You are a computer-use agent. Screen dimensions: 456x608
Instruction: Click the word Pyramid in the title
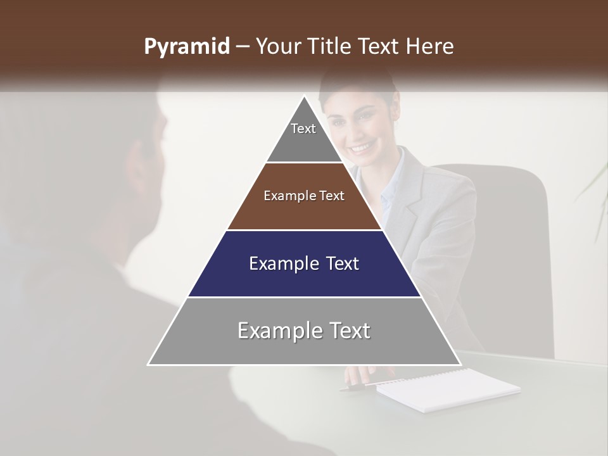(186, 47)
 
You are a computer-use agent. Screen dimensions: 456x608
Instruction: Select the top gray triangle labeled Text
(303, 136)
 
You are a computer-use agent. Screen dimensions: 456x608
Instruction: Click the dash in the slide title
(243, 47)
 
